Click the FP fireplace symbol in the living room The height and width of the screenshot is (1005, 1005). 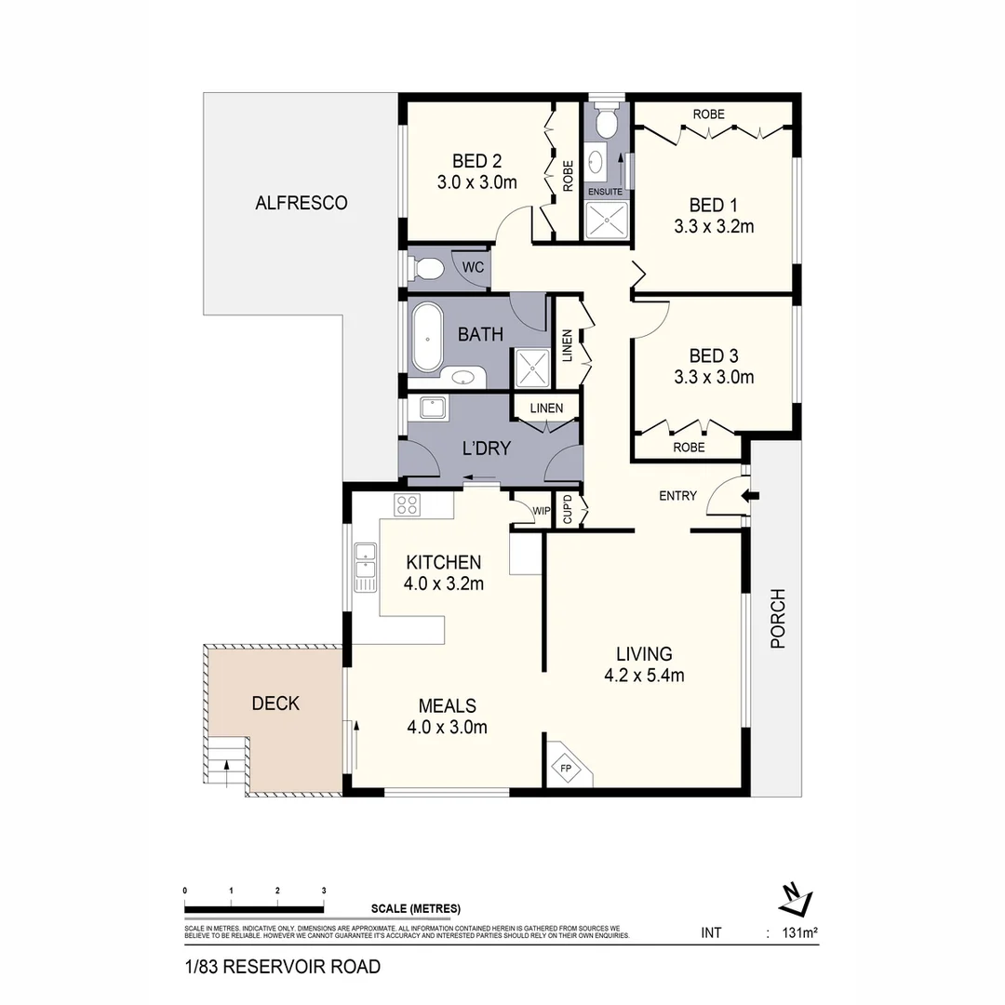[x=565, y=768]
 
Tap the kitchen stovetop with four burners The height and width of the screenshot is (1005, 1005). [x=407, y=505]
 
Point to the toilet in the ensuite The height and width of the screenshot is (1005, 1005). [x=605, y=121]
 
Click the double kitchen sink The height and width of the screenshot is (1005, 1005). [x=364, y=567]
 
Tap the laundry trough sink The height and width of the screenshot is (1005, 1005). [x=433, y=408]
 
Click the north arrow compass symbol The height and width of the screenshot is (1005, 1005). [x=796, y=898]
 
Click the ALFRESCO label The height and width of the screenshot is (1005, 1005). [x=301, y=203]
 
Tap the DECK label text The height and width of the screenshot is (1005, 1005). [x=275, y=703]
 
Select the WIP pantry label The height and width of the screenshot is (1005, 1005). [x=542, y=511]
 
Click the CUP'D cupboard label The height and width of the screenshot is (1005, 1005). [x=567, y=512]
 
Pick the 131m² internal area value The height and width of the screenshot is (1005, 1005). [x=798, y=931]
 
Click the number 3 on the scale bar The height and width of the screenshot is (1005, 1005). [x=324, y=891]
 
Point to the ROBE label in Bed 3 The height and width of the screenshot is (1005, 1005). [x=690, y=447]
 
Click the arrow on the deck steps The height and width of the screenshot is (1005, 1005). [x=226, y=765]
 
